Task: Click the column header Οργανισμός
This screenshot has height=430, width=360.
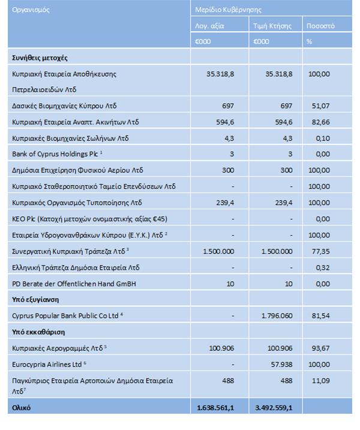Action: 31,10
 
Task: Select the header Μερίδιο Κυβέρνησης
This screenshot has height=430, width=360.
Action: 228,10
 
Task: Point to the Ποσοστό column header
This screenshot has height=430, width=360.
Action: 320,26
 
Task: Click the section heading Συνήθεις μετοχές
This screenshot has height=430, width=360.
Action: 40,58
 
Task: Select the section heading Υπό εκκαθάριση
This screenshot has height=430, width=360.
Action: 38,332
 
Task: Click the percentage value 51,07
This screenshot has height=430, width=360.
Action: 322,106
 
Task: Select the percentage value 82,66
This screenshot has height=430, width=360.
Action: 322,122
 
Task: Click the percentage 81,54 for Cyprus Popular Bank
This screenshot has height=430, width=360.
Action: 322,315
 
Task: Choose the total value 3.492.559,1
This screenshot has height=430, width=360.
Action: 271,408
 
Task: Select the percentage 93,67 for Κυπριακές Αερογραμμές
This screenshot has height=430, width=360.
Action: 322,347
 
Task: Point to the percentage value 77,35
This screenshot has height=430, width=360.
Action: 322,251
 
